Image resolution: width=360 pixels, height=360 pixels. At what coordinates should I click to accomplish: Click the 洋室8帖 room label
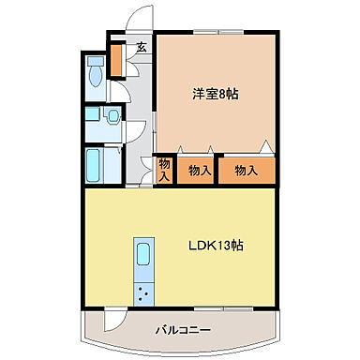click(x=214, y=94)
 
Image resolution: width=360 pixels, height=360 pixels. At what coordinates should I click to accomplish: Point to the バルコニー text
click(x=182, y=330)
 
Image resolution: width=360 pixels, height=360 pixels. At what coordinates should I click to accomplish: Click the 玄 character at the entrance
click(x=141, y=47)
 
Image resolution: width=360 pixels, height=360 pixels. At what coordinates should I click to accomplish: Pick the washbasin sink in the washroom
click(x=112, y=116)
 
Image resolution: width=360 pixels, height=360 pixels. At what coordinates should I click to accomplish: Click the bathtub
click(x=96, y=164)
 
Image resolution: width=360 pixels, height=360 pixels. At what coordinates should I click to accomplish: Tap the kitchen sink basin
click(x=144, y=256)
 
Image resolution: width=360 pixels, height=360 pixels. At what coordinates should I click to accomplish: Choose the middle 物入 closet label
click(x=198, y=171)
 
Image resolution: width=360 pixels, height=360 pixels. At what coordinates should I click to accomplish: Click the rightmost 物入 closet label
click(x=246, y=171)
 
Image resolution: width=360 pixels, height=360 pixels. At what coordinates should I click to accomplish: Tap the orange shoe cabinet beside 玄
click(x=117, y=60)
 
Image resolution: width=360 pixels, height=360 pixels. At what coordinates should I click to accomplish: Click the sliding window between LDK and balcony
click(x=225, y=309)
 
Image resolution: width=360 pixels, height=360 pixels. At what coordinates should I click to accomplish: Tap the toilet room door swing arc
click(x=120, y=94)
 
